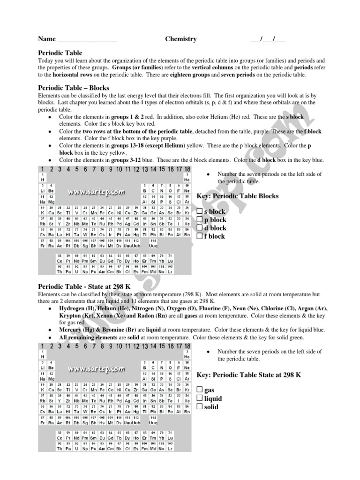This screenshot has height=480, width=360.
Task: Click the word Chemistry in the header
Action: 180,39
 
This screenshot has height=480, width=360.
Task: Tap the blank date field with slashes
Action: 267,40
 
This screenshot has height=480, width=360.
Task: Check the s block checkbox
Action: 200,211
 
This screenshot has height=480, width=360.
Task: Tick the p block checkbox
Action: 200,219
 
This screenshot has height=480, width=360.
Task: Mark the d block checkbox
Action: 200,228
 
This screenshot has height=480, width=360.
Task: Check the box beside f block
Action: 200,236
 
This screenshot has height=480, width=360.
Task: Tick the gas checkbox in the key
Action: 200,390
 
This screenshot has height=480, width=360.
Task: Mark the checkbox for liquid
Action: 200,398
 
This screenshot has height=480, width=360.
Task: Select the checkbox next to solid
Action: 200,407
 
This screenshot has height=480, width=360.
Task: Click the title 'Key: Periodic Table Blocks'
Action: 237,196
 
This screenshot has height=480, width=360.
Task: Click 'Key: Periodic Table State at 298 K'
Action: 248,375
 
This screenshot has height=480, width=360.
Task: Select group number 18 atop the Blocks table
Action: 187,169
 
